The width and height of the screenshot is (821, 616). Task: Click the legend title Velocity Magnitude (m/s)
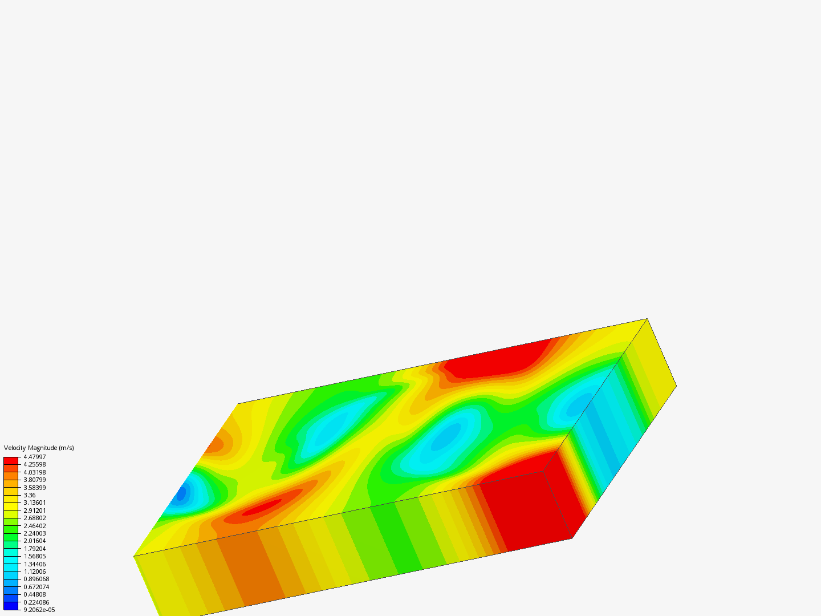(x=39, y=448)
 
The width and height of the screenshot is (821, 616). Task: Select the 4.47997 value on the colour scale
(x=34, y=457)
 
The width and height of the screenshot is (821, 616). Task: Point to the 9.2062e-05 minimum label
(x=39, y=610)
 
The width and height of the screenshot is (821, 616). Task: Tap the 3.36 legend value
(x=30, y=495)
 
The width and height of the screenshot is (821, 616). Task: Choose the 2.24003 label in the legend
(x=34, y=533)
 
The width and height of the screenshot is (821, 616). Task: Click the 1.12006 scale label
(x=34, y=572)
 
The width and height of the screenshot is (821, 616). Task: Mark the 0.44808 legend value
(x=34, y=594)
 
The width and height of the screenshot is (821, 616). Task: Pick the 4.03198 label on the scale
(x=34, y=472)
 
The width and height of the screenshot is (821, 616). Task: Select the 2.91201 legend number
(x=34, y=510)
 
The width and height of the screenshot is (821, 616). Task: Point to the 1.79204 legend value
(x=34, y=549)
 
